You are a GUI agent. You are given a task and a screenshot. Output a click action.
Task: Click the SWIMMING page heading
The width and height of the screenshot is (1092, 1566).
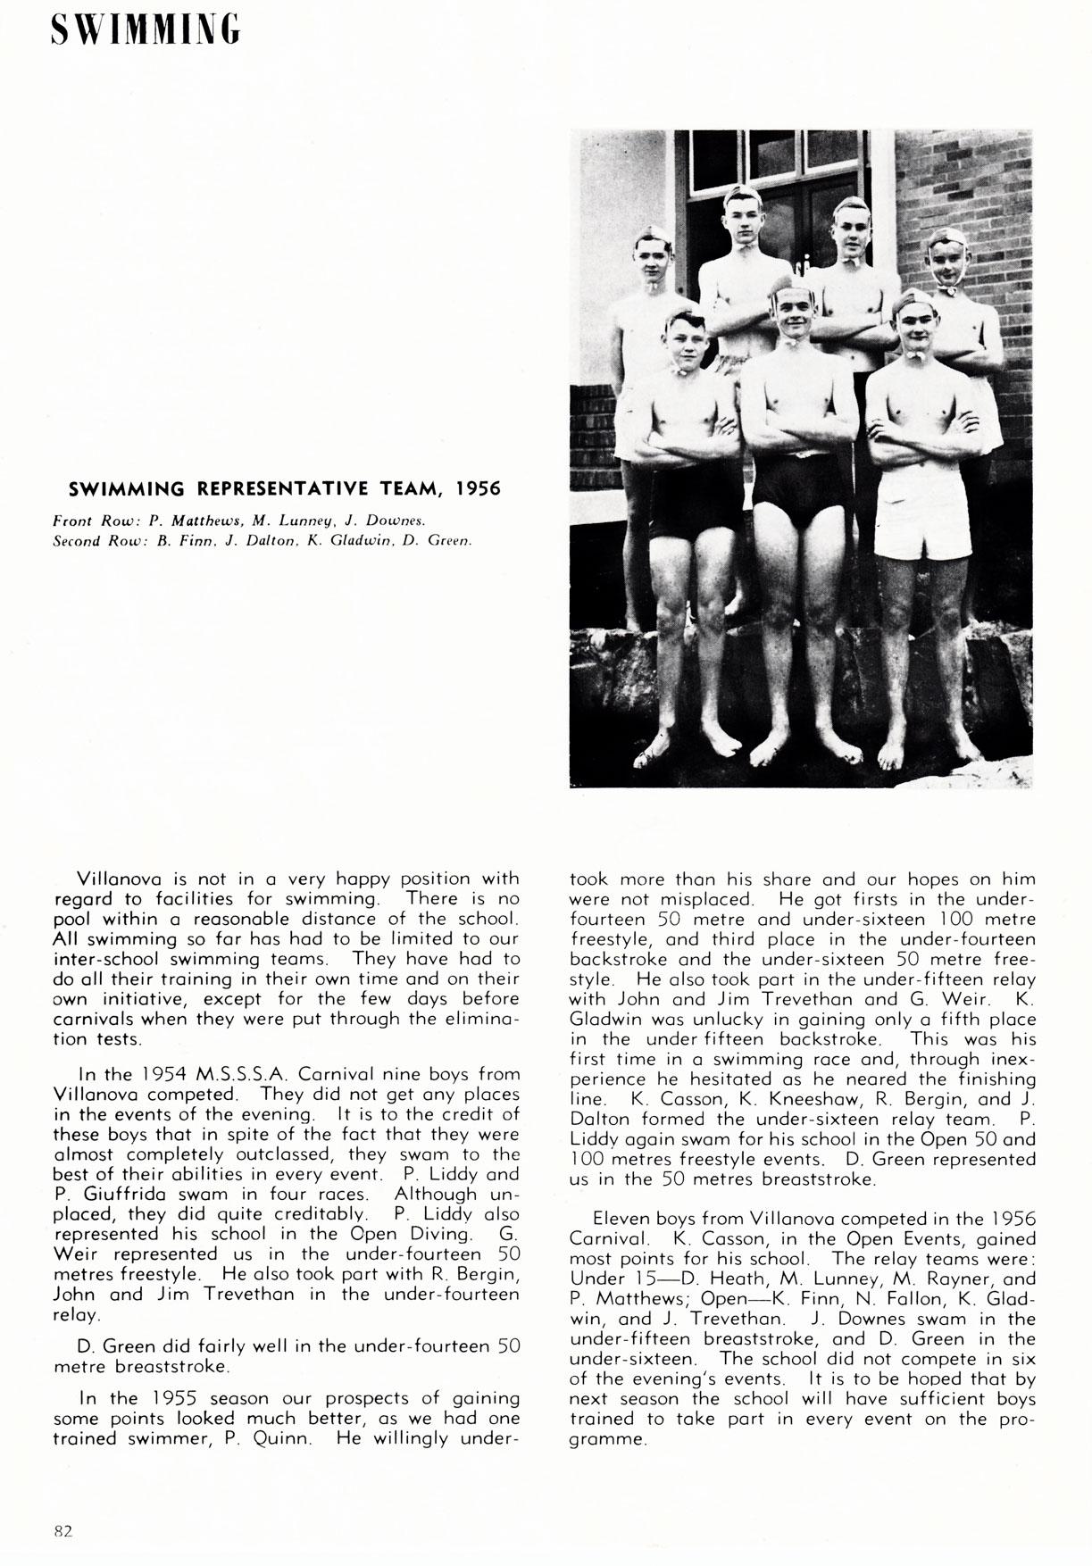click(146, 29)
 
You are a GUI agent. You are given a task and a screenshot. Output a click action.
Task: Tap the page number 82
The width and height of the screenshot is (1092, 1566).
click(63, 1530)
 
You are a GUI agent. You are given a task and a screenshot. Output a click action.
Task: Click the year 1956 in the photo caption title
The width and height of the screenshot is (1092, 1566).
click(477, 488)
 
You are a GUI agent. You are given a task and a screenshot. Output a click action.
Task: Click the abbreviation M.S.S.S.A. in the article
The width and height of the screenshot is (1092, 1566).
click(237, 1075)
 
